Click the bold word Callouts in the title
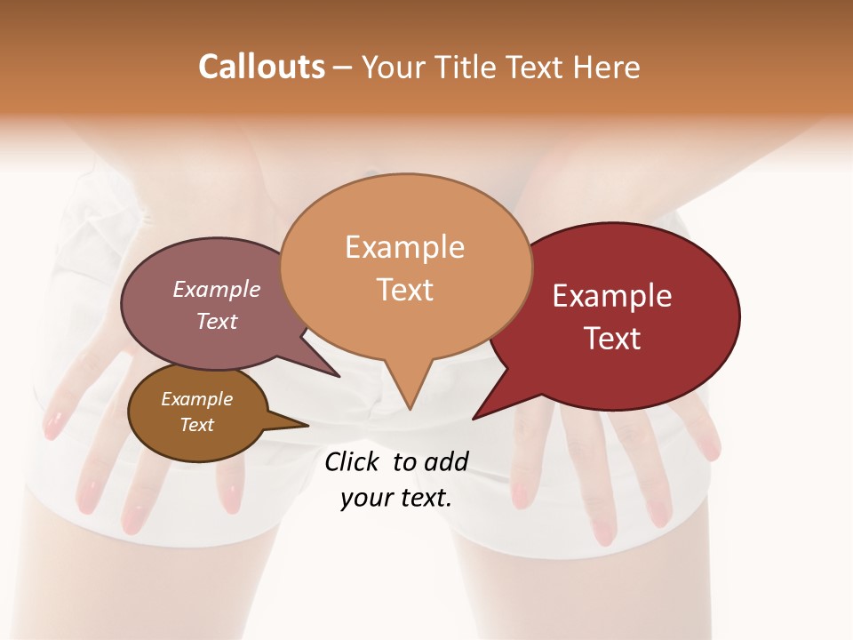(261, 67)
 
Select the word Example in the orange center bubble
(404, 247)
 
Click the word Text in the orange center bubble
(404, 290)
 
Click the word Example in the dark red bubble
(612, 296)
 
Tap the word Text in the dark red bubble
(612, 339)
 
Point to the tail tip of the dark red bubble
(474, 418)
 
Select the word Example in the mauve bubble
(217, 290)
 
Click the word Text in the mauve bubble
(217, 321)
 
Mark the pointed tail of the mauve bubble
(338, 375)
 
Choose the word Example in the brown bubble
(196, 399)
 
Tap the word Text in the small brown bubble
(196, 425)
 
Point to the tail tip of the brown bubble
(307, 425)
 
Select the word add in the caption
(445, 461)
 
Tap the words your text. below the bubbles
(396, 498)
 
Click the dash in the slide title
(343, 67)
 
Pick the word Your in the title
(394, 67)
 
